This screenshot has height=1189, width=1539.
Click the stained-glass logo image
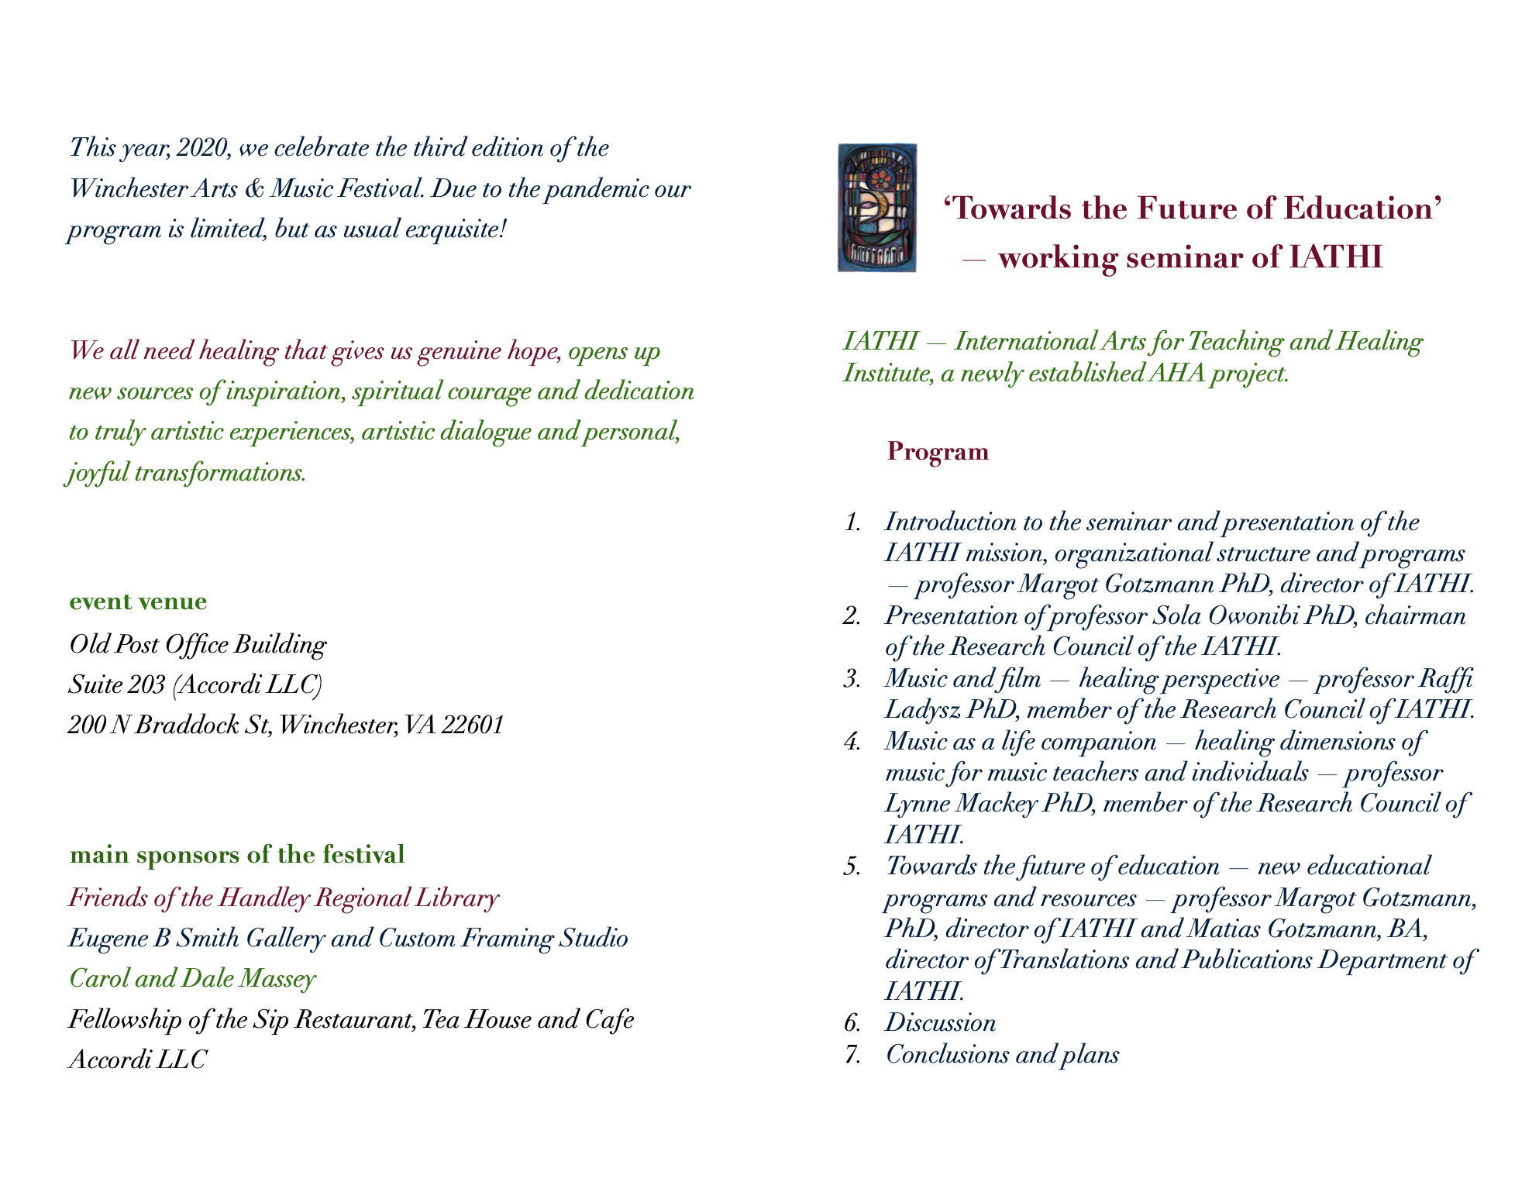[876, 208]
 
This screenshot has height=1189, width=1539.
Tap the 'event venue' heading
[138, 601]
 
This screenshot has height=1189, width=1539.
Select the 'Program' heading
[938, 451]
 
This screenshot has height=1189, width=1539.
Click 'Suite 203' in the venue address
[116, 684]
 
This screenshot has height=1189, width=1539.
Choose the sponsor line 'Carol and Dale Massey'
[192, 978]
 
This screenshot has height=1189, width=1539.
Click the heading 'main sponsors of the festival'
[237, 855]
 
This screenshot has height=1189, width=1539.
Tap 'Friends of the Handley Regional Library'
[284, 898]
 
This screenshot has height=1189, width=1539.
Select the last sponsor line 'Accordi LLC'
[137, 1059]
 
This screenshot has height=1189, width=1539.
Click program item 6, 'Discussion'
[940, 1023]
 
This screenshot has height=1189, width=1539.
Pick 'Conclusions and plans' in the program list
[1002, 1054]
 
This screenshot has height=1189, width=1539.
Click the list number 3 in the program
[852, 679]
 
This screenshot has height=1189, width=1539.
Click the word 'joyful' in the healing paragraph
[98, 473]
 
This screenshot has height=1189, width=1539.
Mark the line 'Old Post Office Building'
[198, 644]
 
